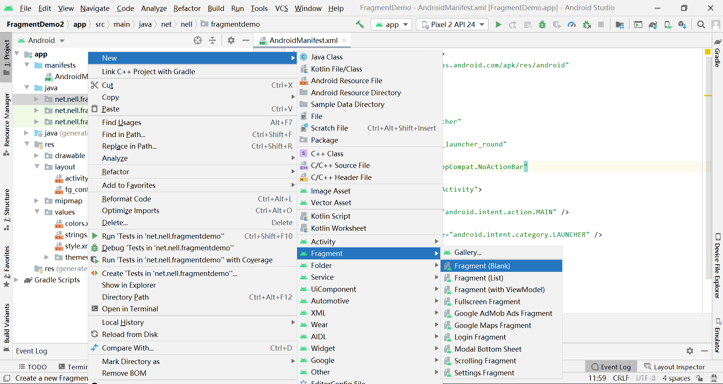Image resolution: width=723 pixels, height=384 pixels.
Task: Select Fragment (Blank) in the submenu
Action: click(x=482, y=266)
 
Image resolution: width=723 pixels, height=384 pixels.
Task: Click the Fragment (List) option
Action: click(x=479, y=278)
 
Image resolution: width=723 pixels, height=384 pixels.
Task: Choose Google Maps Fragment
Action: click(x=493, y=325)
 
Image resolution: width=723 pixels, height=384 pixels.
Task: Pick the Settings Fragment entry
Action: click(x=484, y=373)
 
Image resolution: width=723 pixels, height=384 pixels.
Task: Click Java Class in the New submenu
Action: click(x=326, y=57)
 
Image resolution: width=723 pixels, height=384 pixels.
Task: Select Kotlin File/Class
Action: click(x=336, y=69)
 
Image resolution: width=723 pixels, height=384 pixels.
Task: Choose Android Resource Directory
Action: click(x=356, y=93)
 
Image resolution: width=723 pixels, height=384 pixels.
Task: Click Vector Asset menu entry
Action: click(x=331, y=203)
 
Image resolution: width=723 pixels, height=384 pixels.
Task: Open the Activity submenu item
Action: click(x=323, y=242)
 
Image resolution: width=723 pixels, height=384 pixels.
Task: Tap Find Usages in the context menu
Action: click(x=121, y=122)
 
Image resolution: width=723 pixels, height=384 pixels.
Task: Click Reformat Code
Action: click(x=126, y=199)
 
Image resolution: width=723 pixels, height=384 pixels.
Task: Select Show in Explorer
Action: click(x=129, y=285)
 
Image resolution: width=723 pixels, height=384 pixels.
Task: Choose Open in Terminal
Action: click(x=130, y=309)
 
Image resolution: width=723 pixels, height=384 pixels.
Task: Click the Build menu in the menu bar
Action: click(x=216, y=8)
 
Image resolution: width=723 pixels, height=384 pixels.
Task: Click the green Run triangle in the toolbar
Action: click(x=498, y=24)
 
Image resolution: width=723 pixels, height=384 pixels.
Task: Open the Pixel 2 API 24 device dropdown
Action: click(x=452, y=24)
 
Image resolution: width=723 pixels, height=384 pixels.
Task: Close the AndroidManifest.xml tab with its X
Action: click(x=344, y=40)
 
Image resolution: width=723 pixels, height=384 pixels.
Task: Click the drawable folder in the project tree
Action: click(x=70, y=155)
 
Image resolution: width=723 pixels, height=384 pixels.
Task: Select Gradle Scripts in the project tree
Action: click(x=57, y=280)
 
